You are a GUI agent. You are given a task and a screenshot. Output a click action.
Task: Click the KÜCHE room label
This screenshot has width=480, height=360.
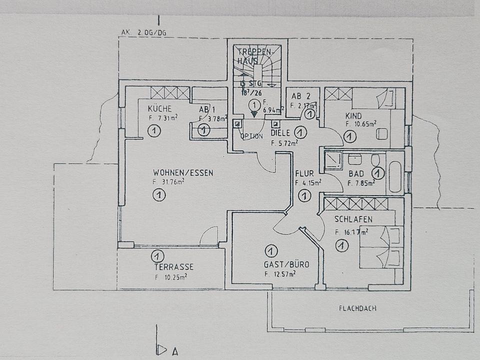pyautogui.click(x=160, y=108)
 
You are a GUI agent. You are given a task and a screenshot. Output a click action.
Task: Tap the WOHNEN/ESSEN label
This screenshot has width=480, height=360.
pyautogui.click(x=183, y=173)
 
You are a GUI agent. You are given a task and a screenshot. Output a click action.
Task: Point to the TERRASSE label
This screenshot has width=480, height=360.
pyautogui.click(x=173, y=267)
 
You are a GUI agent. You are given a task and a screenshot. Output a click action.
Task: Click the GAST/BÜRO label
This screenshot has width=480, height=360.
pyautogui.click(x=286, y=264)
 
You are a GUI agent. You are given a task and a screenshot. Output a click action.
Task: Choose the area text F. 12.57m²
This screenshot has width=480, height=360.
pyautogui.click(x=280, y=273)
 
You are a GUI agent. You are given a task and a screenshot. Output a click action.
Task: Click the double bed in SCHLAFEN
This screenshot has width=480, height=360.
pyautogui.click(x=381, y=247)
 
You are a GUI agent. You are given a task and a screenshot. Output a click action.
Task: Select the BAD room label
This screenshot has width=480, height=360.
pyautogui.click(x=356, y=173)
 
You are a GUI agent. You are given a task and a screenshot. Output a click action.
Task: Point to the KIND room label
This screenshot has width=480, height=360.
pyautogui.click(x=353, y=116)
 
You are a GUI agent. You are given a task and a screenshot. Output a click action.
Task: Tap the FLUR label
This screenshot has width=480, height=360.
pyautogui.click(x=304, y=173)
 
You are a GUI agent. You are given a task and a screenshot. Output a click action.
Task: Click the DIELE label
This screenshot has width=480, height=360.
pyautogui.click(x=280, y=133)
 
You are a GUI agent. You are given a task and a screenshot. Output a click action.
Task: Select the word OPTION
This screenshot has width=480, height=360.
pyautogui.click(x=251, y=136)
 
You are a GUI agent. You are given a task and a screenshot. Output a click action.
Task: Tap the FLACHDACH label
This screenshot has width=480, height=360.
pyautogui.click(x=357, y=308)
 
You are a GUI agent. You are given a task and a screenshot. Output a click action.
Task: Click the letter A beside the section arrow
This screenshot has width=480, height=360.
pyautogui.click(x=175, y=351)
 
